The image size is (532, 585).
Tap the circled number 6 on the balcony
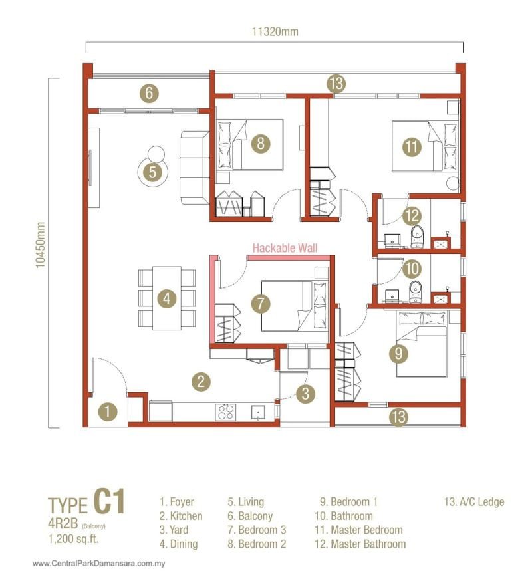click(x=150, y=93)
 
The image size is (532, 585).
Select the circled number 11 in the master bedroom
click(x=413, y=147)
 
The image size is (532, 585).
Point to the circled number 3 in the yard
click(x=305, y=393)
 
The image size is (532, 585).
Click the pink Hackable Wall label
click(x=285, y=248)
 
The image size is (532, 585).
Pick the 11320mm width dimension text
click(x=275, y=31)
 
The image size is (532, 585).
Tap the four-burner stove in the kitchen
click(x=225, y=412)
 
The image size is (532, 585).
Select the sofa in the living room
click(x=194, y=168)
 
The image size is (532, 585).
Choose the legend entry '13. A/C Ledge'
click(x=473, y=502)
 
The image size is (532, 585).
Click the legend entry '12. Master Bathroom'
click(x=360, y=544)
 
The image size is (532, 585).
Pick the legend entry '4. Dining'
click(x=178, y=544)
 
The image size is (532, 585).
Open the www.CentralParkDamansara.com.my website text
click(x=98, y=564)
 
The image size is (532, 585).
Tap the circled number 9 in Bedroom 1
click(x=398, y=354)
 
